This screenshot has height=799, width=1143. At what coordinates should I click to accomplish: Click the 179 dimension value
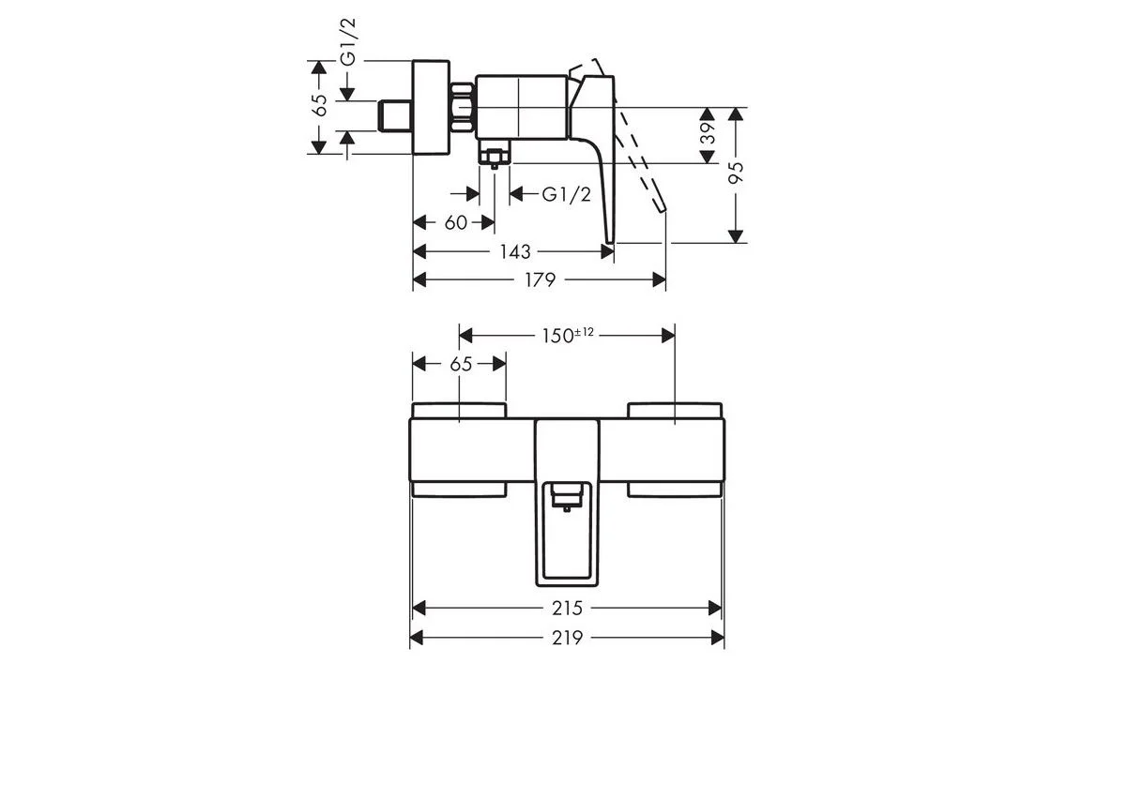tap(540, 279)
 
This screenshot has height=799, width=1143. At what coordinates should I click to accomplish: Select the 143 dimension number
tap(515, 252)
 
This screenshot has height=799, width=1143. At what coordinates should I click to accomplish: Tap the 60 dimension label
tap(456, 223)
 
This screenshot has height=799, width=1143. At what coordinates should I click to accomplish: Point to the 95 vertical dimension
tap(736, 173)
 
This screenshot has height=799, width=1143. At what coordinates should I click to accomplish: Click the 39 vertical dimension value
tap(708, 133)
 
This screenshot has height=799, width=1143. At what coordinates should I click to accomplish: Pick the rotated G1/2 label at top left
tap(348, 42)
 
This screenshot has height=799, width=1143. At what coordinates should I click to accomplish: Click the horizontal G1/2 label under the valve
tap(567, 194)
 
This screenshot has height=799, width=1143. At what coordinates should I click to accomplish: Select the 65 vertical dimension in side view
tap(320, 106)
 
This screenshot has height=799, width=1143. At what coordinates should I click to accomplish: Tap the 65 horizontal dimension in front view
tap(462, 364)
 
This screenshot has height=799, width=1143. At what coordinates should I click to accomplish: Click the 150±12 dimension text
tap(568, 335)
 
